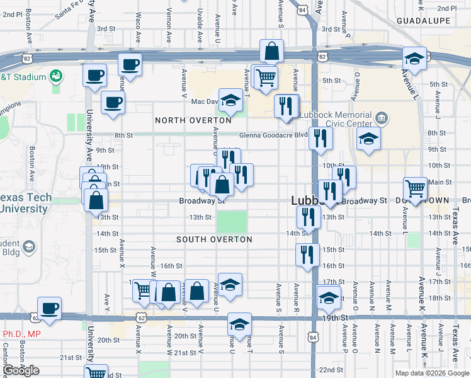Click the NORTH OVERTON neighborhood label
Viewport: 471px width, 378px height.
pyautogui.click(x=193, y=120)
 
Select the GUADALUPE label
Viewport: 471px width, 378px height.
pyautogui.click(x=423, y=21)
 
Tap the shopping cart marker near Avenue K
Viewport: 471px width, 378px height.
pyautogui.click(x=415, y=187)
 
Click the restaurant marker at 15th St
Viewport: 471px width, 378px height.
pyautogui.click(x=307, y=255)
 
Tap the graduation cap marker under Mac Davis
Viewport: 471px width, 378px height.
pyautogui.click(x=230, y=100)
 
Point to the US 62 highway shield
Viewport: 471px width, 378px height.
pyautogui.click(x=143, y=318)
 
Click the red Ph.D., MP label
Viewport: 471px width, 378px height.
pyautogui.click(x=21, y=334)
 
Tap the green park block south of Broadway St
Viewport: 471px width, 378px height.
pyautogui.click(x=232, y=221)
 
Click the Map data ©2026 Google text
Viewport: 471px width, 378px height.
pyautogui.click(x=431, y=373)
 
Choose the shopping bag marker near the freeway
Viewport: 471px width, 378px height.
pyautogui.click(x=271, y=52)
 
